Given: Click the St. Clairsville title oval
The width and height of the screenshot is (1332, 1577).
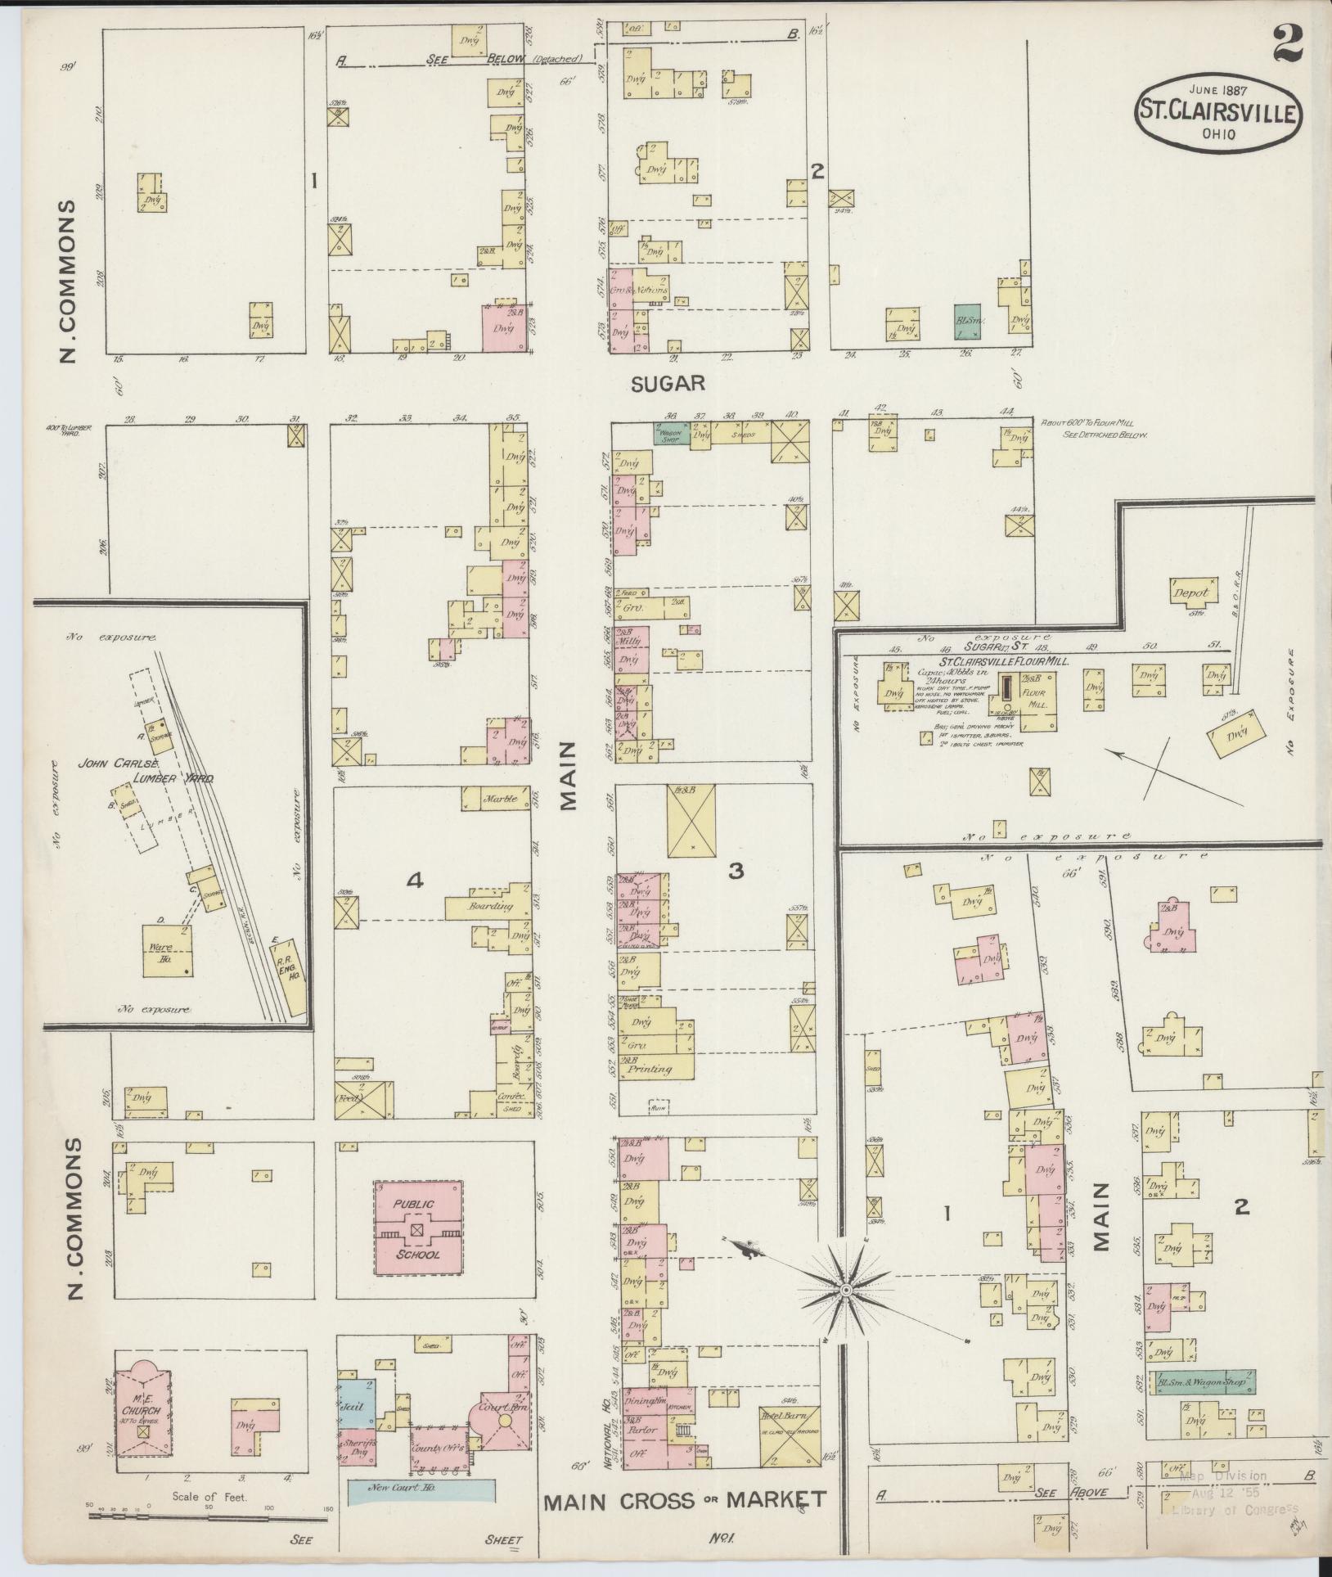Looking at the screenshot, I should pos(1217,112).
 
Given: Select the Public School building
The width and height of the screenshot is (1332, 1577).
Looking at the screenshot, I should pos(418,1225).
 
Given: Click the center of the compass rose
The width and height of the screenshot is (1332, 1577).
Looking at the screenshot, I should pos(846,1290).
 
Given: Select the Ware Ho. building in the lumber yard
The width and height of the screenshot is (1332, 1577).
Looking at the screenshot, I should pos(169,950).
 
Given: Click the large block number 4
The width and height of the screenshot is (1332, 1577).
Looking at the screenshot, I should pos(415,880).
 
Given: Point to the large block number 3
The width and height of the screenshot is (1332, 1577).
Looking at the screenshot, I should pos(736,872).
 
